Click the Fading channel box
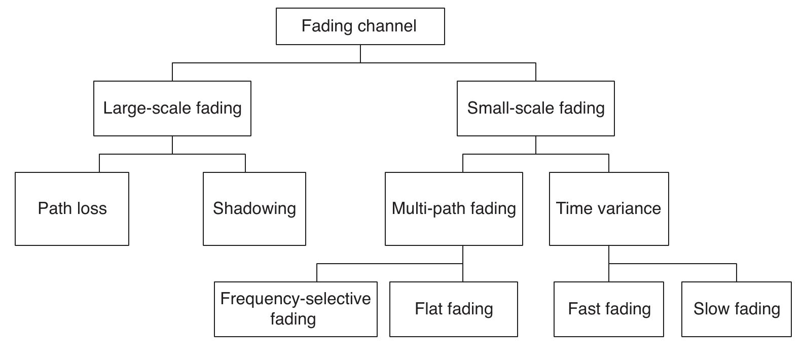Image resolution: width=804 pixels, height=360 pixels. point(360,26)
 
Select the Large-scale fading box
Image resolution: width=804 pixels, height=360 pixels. point(172,109)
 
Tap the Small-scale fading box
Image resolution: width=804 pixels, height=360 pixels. point(535,109)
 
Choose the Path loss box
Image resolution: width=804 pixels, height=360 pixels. point(72,209)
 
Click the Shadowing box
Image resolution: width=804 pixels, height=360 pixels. point(254,209)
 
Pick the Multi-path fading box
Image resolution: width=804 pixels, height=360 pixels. point(454,209)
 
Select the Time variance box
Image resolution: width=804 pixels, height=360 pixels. point(608,209)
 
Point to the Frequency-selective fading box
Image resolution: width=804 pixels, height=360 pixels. point(296,309)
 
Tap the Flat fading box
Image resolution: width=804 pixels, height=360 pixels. point(453,309)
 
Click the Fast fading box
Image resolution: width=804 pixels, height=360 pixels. point(608,309)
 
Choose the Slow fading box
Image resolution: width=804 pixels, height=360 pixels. point(736,309)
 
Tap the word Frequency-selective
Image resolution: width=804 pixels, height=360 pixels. point(296,299)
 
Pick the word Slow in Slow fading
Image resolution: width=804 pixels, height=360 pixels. point(711,309)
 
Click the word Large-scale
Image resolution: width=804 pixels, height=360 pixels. point(147,108)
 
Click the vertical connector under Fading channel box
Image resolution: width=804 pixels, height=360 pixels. point(360,54)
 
